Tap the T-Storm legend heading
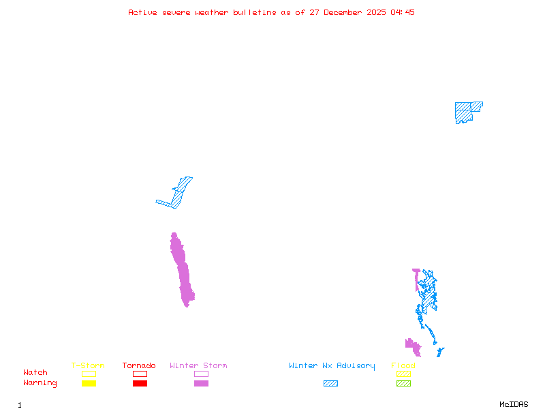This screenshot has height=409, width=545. (x=88, y=366)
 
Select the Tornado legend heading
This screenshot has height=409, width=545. (x=139, y=366)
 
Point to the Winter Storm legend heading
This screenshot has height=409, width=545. (x=198, y=366)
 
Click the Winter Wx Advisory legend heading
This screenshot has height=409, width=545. (x=332, y=366)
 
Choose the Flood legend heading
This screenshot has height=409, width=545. (x=403, y=366)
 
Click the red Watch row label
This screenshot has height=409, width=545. (x=35, y=373)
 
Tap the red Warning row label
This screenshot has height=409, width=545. (x=40, y=383)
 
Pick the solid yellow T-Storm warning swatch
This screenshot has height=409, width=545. (x=89, y=384)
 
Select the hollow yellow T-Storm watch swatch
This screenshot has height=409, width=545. (x=89, y=374)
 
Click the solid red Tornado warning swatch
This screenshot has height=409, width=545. (x=140, y=384)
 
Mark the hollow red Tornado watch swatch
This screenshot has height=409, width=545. (x=140, y=374)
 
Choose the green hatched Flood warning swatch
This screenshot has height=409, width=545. (x=403, y=384)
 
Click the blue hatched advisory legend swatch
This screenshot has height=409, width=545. (x=330, y=384)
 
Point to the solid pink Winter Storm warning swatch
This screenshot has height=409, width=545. (x=201, y=384)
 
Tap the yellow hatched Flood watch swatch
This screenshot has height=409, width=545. (x=403, y=374)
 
